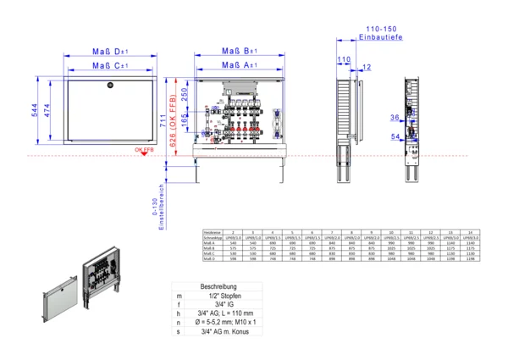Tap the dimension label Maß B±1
point(240,51)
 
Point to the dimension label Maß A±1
point(240,65)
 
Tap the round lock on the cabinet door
point(109,86)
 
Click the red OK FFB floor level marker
point(143,150)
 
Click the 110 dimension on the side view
point(344,59)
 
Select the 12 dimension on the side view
point(366,67)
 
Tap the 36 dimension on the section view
point(394,117)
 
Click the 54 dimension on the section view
point(394,136)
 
